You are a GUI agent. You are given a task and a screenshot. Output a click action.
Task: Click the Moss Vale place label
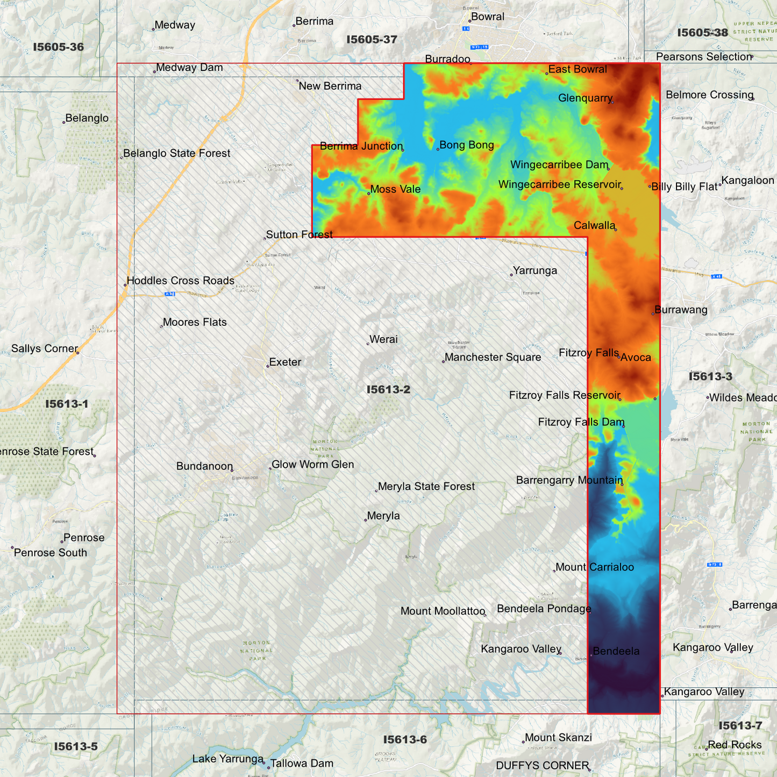coord(395,189)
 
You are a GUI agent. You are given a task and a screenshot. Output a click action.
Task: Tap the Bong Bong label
coord(466,145)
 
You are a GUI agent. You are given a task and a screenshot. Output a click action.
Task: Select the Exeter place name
coord(285,362)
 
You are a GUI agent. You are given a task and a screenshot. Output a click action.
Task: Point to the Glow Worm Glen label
coord(312,465)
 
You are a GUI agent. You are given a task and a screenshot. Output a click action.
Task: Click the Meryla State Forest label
coord(426,487)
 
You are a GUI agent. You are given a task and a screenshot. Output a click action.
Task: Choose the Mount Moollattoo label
coord(443,611)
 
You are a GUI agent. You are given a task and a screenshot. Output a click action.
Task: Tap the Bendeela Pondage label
coord(544,609)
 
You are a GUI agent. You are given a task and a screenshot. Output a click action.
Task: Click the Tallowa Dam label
coord(302,764)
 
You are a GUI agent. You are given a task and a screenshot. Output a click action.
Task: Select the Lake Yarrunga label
coord(227,759)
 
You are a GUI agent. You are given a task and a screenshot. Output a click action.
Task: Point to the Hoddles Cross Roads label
coord(180,281)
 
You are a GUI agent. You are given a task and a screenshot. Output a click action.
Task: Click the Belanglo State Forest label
coord(176,153)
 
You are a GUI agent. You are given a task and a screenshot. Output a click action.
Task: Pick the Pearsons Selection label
coord(703,57)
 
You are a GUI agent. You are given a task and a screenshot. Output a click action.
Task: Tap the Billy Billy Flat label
coord(685,187)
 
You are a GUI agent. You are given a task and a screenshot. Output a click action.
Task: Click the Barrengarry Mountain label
coord(569,480)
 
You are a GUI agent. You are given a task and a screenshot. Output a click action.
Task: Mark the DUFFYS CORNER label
coord(542,766)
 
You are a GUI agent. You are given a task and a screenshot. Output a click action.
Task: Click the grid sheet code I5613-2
coord(388,389)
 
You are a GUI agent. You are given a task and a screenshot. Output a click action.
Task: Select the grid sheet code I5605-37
coord(372,39)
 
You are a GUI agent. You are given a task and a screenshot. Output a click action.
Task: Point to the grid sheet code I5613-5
coord(76,746)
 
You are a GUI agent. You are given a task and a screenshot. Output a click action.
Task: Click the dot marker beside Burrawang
coord(653,313)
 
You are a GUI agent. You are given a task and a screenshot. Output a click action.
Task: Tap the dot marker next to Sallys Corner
coord(78,353)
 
